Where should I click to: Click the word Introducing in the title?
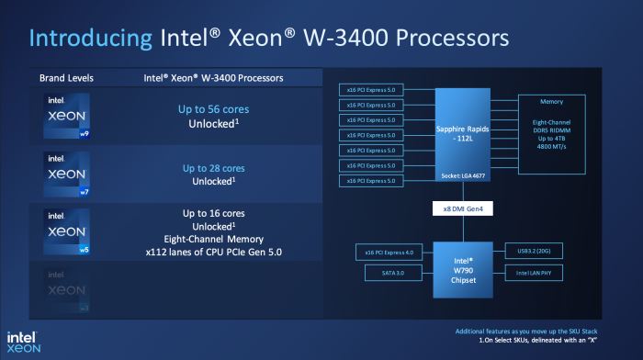pyautogui.click(x=88, y=39)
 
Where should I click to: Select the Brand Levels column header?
pyautogui.click(x=66, y=77)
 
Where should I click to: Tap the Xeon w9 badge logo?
pyautogui.click(x=67, y=115)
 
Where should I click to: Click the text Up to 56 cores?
pyautogui.click(x=213, y=109)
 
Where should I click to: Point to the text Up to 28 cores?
pyautogui.click(x=213, y=168)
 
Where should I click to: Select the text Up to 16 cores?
pyautogui.click(x=213, y=213)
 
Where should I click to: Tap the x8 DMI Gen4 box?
pyautogui.click(x=461, y=209)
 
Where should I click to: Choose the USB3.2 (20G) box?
pyautogui.click(x=534, y=251)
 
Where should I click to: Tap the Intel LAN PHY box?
pyautogui.click(x=534, y=273)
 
